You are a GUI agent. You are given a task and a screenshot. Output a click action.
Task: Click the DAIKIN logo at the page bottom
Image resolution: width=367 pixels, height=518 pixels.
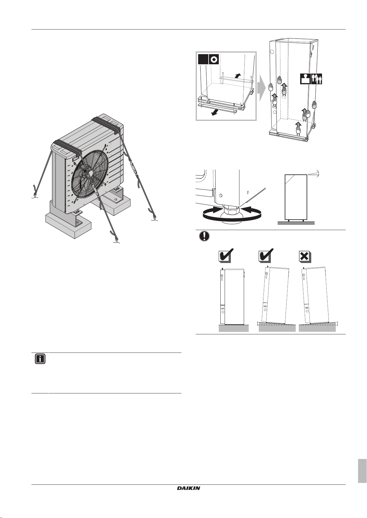click(188, 488)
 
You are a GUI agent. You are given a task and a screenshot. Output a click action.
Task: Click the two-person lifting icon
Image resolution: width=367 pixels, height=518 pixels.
click(317, 79)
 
